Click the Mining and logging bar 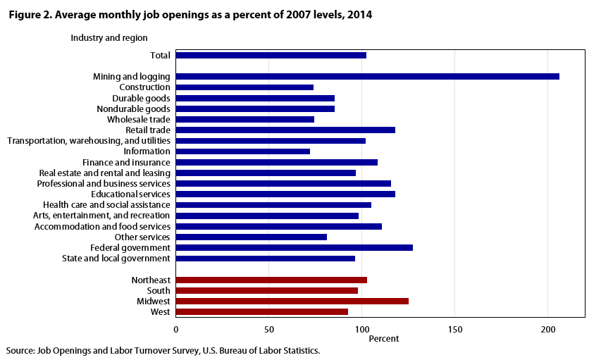[x=367, y=76]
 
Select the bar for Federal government [x=294, y=247]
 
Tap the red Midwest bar [x=292, y=301]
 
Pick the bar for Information [x=242, y=151]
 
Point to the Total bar [x=271, y=55]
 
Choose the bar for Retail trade [x=285, y=130]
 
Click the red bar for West [x=261, y=311]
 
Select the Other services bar [x=251, y=237]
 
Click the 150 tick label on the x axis [x=454, y=329]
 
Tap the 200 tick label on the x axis [x=548, y=329]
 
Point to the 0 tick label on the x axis [x=176, y=329]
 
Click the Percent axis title [x=384, y=338]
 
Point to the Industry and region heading [x=109, y=37]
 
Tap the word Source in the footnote [x=20, y=350]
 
